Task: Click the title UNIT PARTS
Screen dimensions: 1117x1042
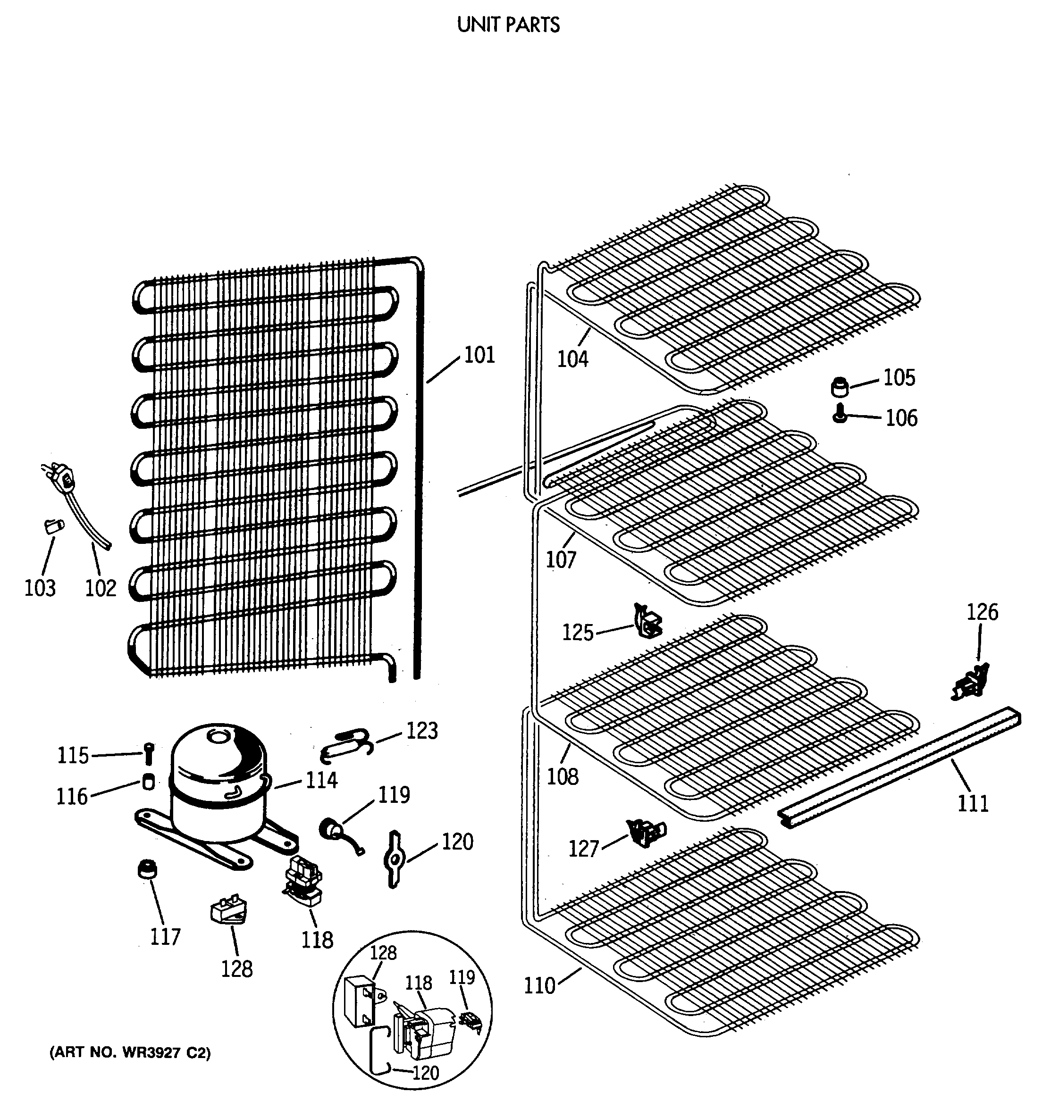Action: pyautogui.click(x=508, y=25)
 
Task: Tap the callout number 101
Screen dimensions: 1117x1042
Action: pyautogui.click(x=479, y=355)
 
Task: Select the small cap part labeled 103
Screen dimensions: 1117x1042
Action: pyautogui.click(x=53, y=526)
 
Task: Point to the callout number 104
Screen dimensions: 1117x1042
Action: pyautogui.click(x=572, y=359)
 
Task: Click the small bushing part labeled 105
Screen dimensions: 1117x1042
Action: pyautogui.click(x=839, y=387)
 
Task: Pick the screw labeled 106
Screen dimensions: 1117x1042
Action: pyautogui.click(x=839, y=416)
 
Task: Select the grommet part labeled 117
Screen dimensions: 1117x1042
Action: pyautogui.click(x=147, y=870)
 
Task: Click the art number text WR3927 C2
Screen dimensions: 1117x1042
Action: pyautogui.click(x=130, y=1053)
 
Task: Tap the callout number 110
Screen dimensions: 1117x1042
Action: pyautogui.click(x=539, y=985)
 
